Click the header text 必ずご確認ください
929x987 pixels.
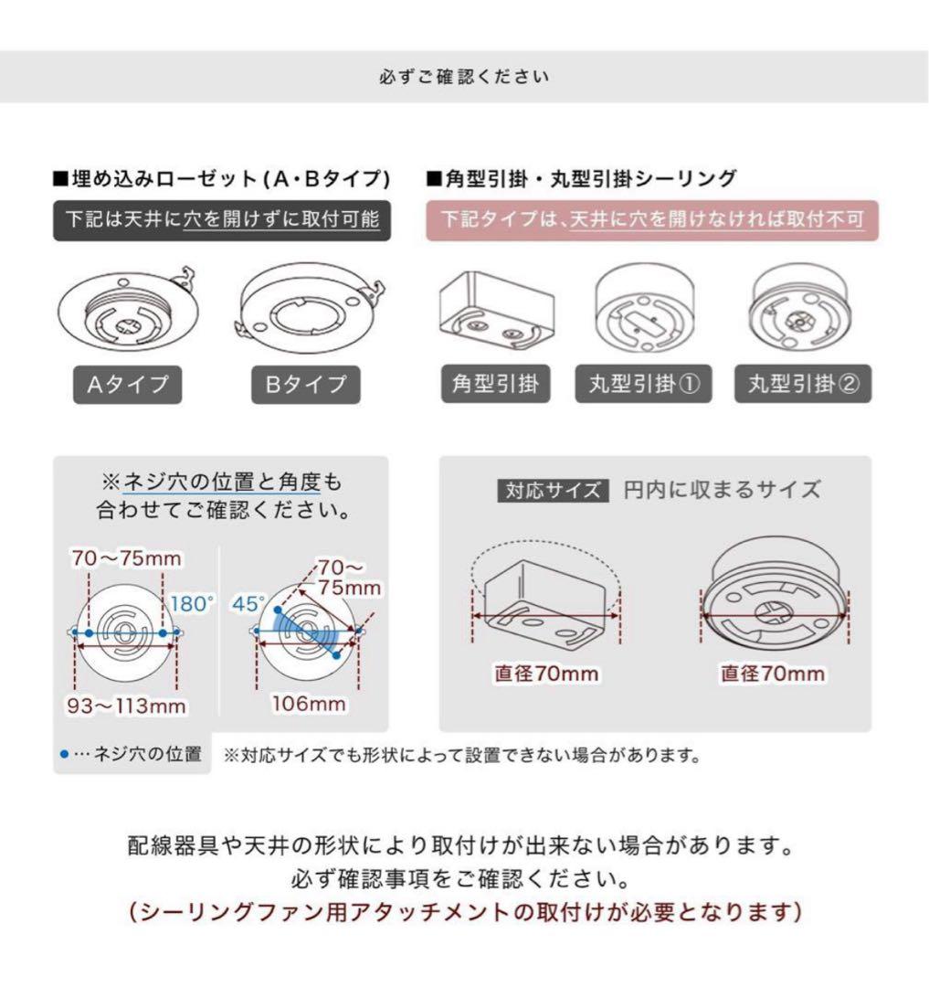464,77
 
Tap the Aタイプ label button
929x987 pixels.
127,385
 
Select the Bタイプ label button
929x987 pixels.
306,385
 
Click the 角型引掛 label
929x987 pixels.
495,385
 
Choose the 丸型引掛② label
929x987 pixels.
803,385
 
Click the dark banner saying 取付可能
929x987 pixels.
222,220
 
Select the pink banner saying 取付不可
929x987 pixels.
652,220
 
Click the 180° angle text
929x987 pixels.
192,603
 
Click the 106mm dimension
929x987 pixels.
309,704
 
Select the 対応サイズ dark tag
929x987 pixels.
553,490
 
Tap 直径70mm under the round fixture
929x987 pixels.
772,674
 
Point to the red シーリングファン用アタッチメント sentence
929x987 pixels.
464,913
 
